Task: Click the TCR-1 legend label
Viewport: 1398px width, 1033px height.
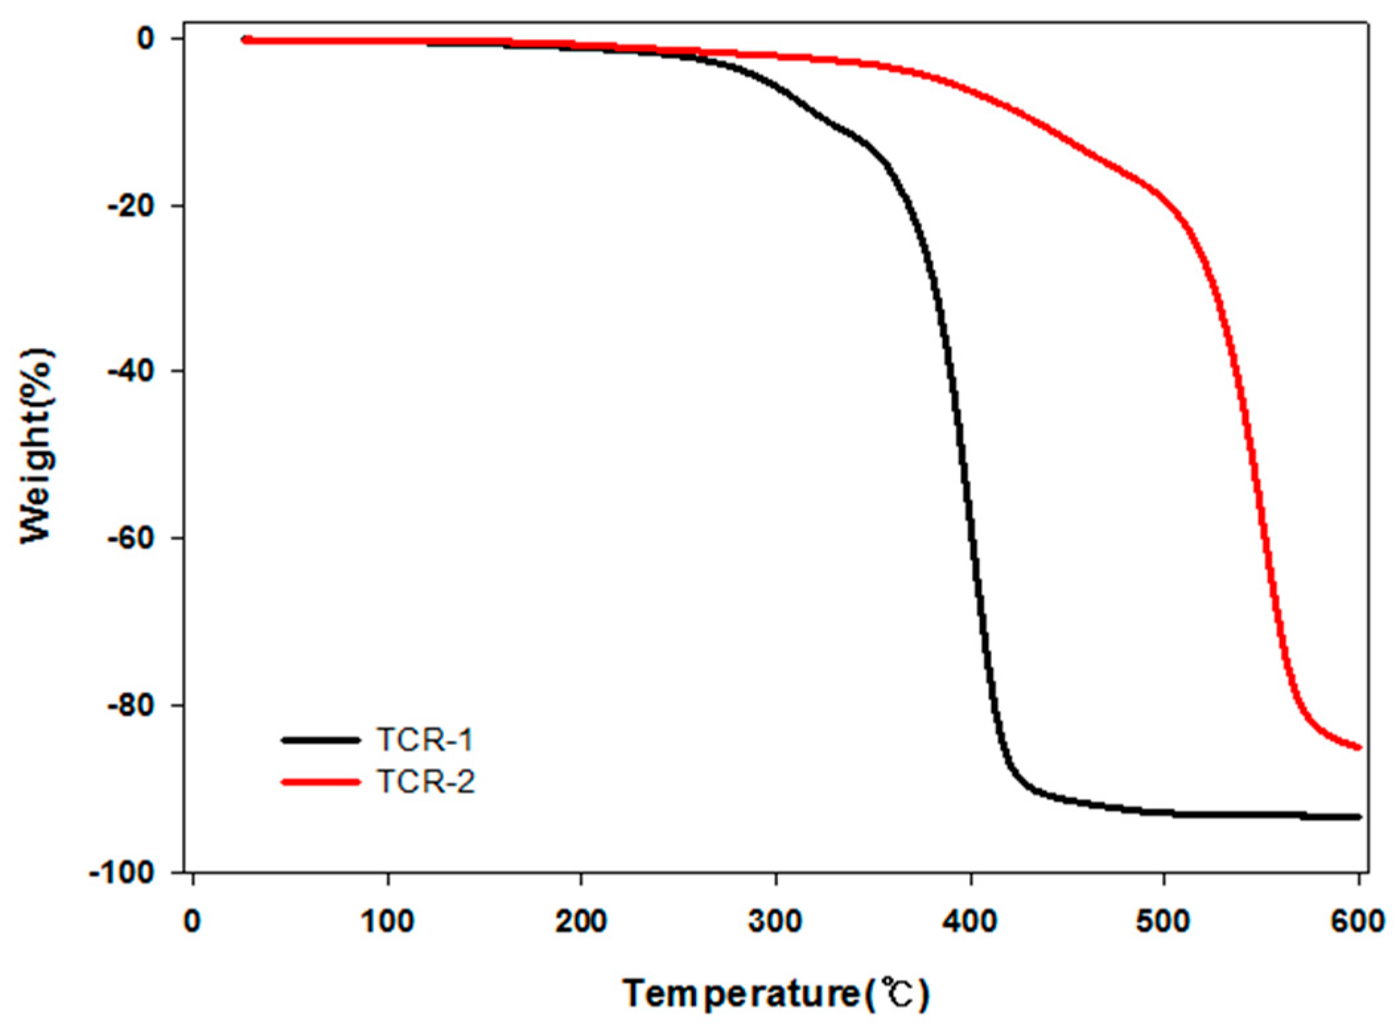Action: tap(425, 740)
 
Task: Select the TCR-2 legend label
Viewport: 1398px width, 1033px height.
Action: tap(425, 782)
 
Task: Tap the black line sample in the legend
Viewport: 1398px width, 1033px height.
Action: tap(321, 740)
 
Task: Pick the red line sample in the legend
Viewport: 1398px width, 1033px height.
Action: tap(321, 782)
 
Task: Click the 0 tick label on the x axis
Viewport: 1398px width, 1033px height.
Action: tap(192, 921)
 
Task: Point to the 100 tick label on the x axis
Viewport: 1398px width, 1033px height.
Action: tap(388, 921)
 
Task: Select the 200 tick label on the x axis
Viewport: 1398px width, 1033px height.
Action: tap(581, 921)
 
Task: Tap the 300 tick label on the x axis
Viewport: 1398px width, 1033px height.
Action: tap(775, 921)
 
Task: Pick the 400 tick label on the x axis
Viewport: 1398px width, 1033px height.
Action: tap(970, 921)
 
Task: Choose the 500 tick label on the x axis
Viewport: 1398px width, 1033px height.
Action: tap(1164, 921)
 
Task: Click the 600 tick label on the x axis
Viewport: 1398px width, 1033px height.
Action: tap(1358, 921)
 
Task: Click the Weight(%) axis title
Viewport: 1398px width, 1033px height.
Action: tap(37, 446)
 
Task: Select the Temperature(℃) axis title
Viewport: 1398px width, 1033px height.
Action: tap(776, 993)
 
